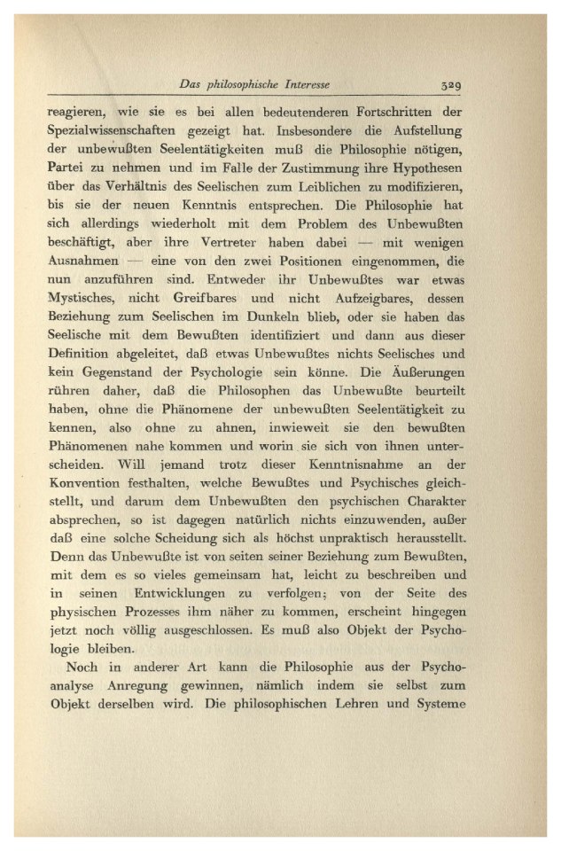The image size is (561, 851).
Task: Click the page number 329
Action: [x=455, y=86]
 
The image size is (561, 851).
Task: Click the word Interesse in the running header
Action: [x=300, y=86]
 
